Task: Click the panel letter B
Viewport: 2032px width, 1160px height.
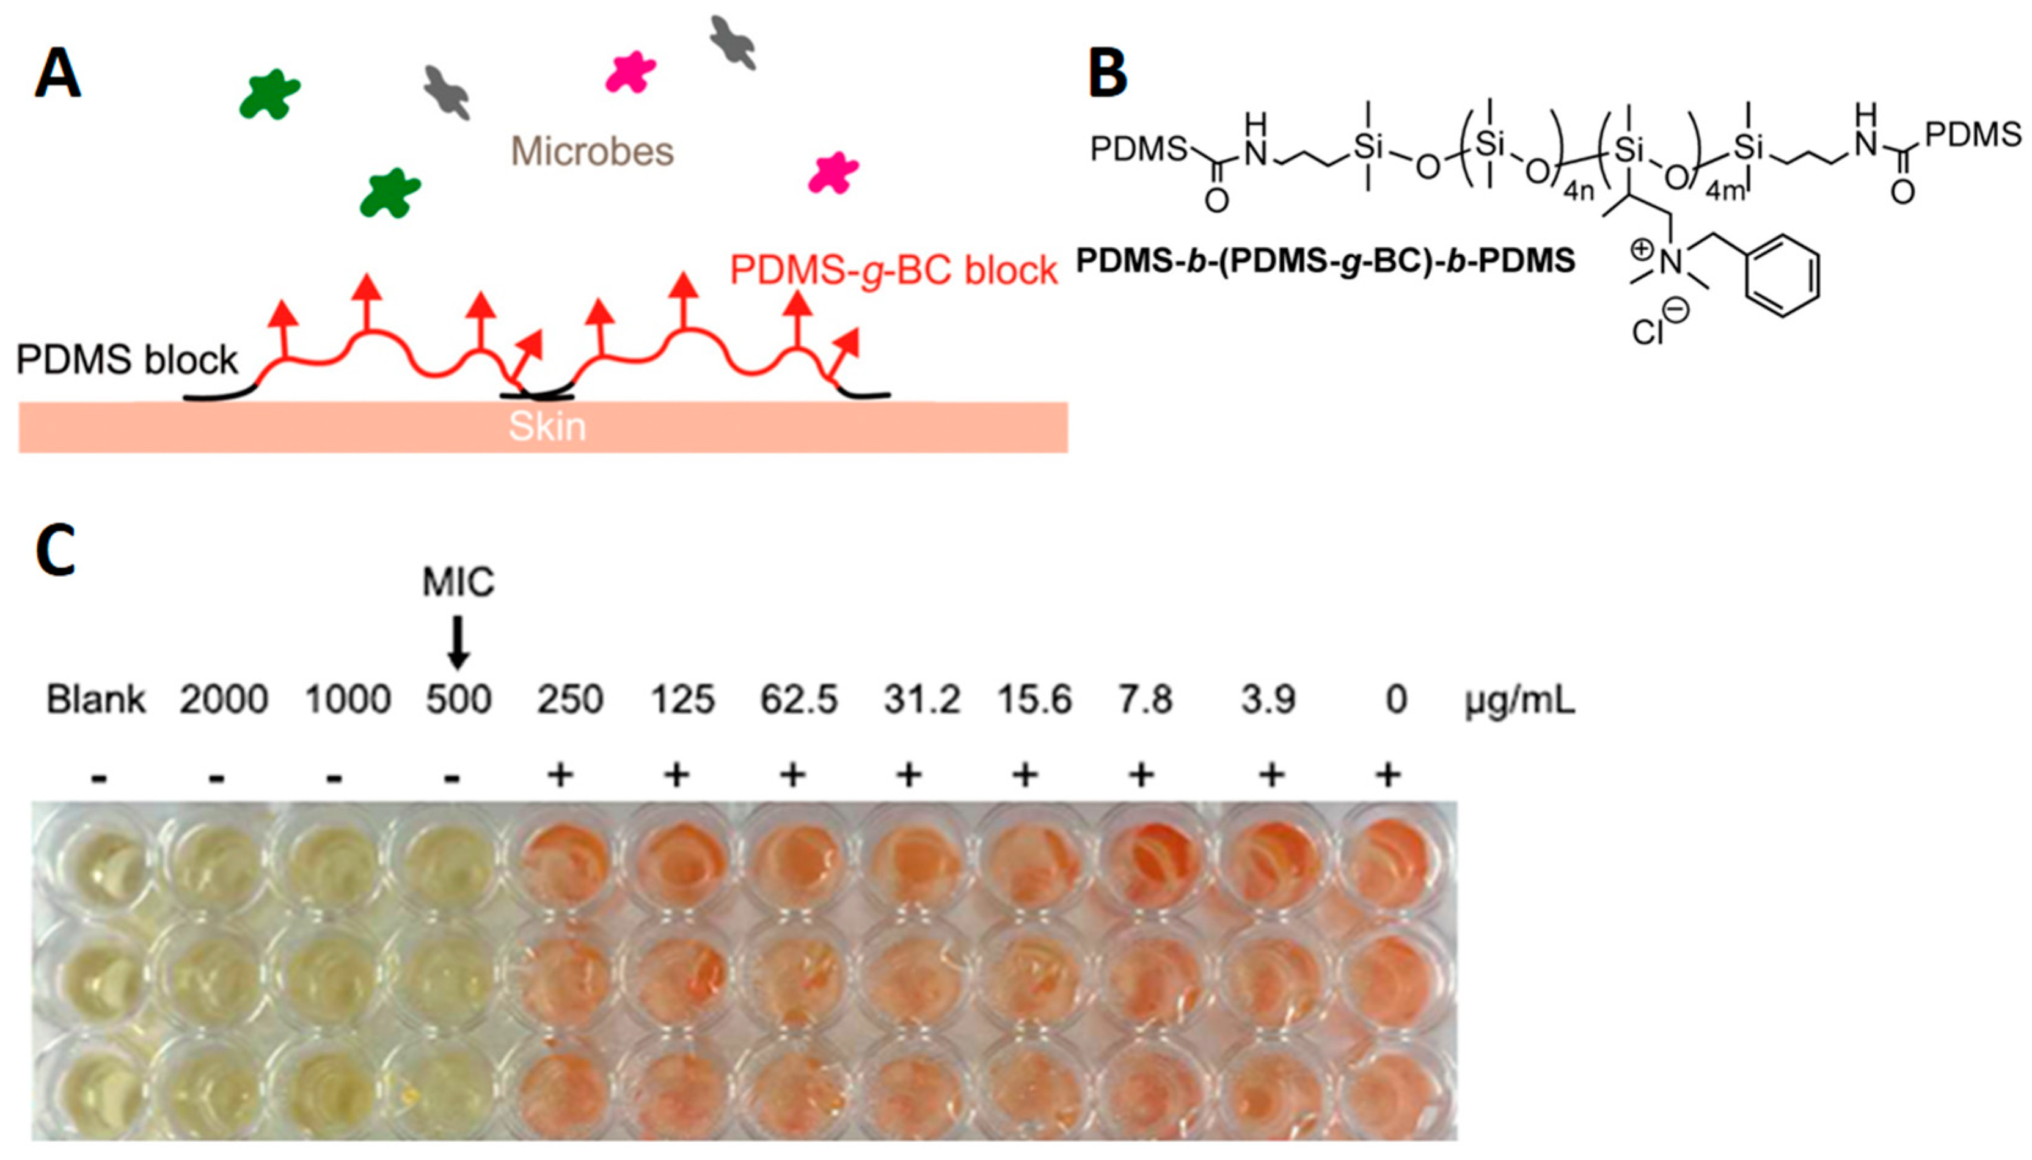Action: pos(1107,73)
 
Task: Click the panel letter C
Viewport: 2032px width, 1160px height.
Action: pos(56,550)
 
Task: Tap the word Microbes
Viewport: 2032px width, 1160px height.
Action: pos(592,151)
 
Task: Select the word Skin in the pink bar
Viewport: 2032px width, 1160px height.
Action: pos(547,427)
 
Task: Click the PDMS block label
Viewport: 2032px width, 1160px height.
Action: pos(126,360)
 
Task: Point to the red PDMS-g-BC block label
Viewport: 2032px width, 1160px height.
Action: pos(893,271)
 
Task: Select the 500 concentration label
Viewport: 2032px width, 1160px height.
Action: pos(458,700)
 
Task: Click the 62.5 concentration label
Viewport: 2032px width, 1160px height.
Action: pos(799,700)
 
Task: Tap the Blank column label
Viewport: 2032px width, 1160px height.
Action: pos(96,700)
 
